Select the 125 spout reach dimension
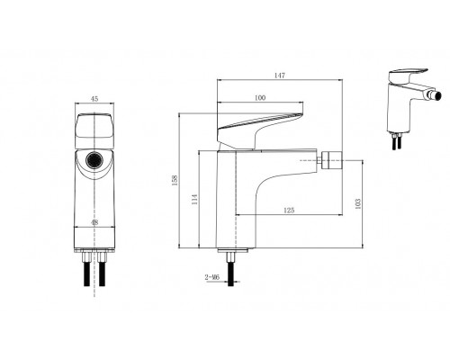(x=288, y=210)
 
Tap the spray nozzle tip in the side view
(x=332, y=163)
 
